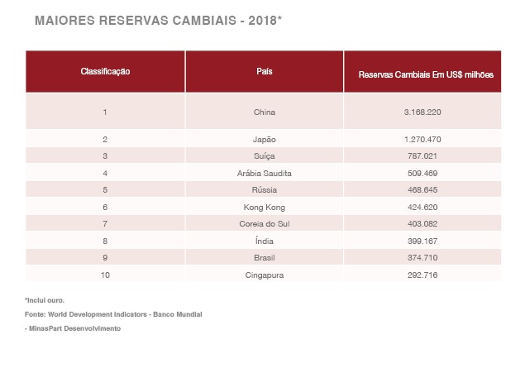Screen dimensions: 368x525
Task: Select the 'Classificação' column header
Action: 105,72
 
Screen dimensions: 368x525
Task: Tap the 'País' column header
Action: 265,72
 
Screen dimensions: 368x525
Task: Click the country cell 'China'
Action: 265,112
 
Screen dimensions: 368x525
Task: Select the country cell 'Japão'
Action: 265,139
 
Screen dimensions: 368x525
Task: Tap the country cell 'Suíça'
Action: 265,155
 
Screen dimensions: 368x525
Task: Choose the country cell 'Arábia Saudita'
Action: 265,174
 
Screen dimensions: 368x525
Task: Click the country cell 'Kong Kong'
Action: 265,207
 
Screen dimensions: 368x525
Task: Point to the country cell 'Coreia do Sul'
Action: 265,223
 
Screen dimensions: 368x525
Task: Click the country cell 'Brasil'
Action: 265,257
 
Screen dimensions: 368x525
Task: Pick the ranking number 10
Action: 105,275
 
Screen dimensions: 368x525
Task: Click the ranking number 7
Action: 105,223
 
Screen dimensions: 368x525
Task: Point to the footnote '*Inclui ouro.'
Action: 45,300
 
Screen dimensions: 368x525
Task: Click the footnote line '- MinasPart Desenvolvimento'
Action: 73,328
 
